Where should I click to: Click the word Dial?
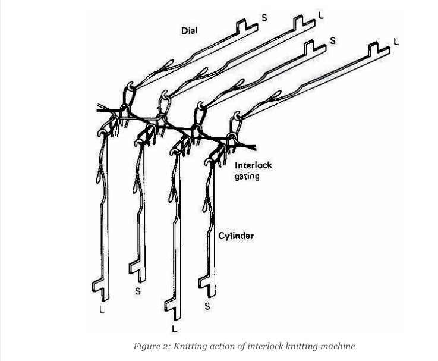(189, 30)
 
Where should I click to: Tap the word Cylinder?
(236, 236)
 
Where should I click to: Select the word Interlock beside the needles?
(253, 165)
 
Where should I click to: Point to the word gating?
(247, 177)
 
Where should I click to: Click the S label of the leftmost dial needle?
(264, 18)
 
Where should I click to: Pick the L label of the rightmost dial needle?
(396, 42)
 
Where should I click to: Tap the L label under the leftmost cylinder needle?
(102, 309)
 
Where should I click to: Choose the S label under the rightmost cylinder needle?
(207, 306)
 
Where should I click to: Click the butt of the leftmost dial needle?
(242, 24)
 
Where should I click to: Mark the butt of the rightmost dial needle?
(373, 48)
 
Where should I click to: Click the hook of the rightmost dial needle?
(237, 116)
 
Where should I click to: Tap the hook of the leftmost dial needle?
(130, 85)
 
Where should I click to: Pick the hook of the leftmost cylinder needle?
(102, 132)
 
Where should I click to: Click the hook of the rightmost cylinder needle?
(209, 161)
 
